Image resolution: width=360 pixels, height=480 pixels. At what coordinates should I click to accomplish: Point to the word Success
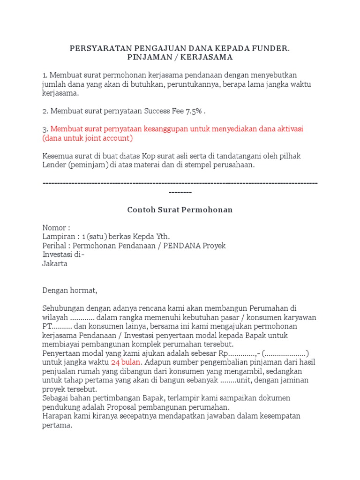pos(157,111)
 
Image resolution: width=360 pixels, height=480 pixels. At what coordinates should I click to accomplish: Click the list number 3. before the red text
pos(45,129)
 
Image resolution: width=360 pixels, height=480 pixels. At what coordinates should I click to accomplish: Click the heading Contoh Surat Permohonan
pos(180,210)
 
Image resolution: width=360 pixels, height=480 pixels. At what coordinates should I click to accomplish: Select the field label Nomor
pos(54,228)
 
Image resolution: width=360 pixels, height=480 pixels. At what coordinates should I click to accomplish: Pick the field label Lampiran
pos(58,237)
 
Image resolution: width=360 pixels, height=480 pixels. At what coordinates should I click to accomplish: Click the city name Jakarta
pos(55,263)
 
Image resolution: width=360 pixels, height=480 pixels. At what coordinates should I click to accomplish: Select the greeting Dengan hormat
pos(69,290)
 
